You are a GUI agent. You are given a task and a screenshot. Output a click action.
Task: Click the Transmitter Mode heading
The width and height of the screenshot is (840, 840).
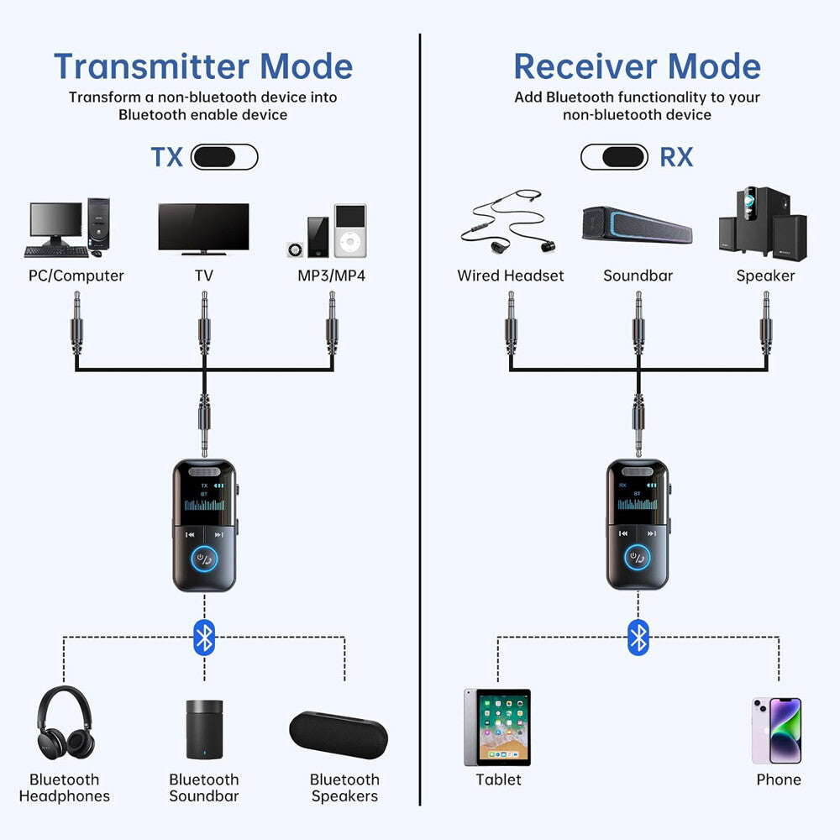coord(202,66)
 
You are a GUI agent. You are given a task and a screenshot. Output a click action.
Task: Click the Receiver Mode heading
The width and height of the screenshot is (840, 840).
coord(637,66)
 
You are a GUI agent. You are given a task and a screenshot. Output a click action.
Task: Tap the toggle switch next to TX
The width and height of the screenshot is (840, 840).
coord(224,157)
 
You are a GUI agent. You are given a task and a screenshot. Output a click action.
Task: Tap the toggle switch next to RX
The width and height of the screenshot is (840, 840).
coord(614,157)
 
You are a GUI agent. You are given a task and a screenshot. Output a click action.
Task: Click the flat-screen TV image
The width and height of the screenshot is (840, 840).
coord(203,228)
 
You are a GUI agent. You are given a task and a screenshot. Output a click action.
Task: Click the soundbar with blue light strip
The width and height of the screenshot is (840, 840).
coord(638,224)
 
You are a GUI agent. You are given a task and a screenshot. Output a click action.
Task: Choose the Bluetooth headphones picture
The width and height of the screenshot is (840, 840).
coord(65,723)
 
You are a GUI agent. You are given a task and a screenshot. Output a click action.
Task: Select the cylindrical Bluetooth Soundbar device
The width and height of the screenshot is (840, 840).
coord(203,730)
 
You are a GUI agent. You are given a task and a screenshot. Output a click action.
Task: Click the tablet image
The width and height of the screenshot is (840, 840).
coord(497,727)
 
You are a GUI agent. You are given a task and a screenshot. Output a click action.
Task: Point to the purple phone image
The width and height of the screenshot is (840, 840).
coord(776,730)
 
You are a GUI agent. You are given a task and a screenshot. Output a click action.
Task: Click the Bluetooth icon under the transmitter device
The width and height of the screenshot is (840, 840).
coord(204,638)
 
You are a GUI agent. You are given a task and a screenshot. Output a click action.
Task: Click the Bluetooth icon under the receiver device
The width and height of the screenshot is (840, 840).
coord(638,638)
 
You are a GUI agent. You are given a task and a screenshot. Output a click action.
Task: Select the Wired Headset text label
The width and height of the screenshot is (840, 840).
coord(510,276)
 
